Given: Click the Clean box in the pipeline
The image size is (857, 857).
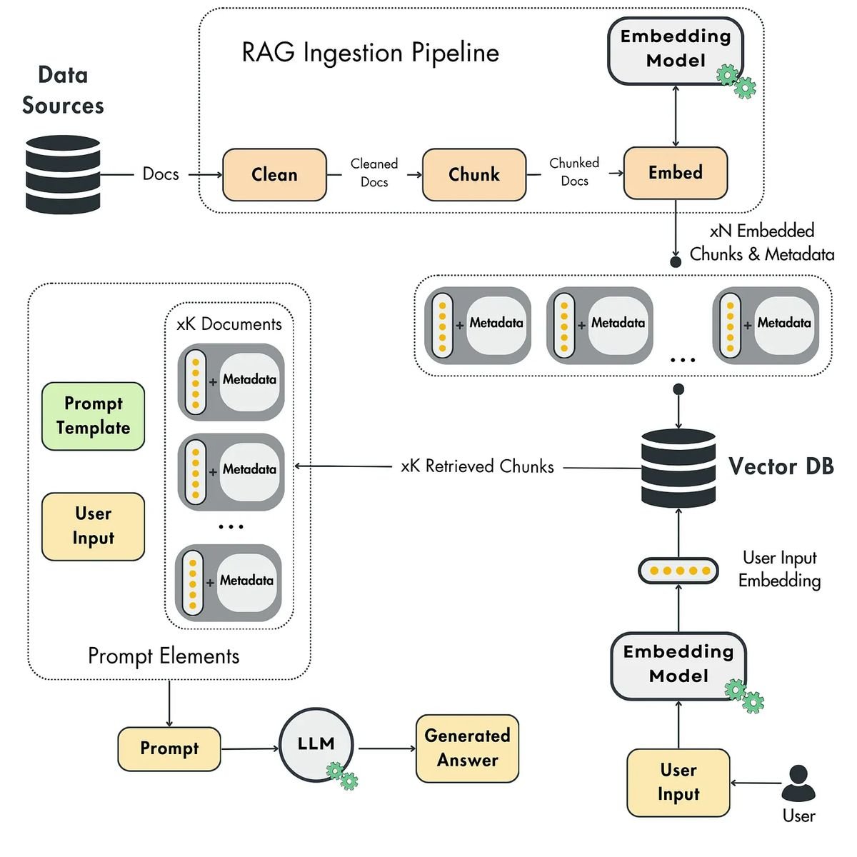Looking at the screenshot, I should tap(274, 174).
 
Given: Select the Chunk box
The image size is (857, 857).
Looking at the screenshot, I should tap(474, 174).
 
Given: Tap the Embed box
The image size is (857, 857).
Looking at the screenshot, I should tap(676, 173).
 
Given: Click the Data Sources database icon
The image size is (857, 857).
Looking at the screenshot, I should tap(63, 175).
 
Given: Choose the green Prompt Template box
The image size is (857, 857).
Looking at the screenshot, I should tap(94, 416).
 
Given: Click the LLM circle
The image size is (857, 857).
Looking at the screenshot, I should tap(316, 744).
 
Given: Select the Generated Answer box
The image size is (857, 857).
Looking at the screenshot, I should tap(467, 748).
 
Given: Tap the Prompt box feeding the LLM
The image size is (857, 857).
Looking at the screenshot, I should tap(169, 748).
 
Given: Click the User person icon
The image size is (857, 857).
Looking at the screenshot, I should tap(798, 783).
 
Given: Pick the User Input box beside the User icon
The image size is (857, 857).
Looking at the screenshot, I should tap(678, 783).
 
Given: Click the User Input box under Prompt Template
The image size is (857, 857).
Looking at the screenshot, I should tap(94, 526).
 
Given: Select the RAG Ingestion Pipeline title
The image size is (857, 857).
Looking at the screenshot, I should tap(370, 53).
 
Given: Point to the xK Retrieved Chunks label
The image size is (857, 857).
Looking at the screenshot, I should tap(477, 466).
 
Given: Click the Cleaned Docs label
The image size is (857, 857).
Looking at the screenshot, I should tap(374, 173).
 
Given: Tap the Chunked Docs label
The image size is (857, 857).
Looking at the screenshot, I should tap(574, 172).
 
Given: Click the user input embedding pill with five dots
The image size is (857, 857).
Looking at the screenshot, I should tap(678, 571).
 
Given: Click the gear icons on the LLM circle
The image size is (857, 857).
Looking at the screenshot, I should tap(341, 776).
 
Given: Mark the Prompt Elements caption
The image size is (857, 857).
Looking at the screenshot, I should tap(164, 656).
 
